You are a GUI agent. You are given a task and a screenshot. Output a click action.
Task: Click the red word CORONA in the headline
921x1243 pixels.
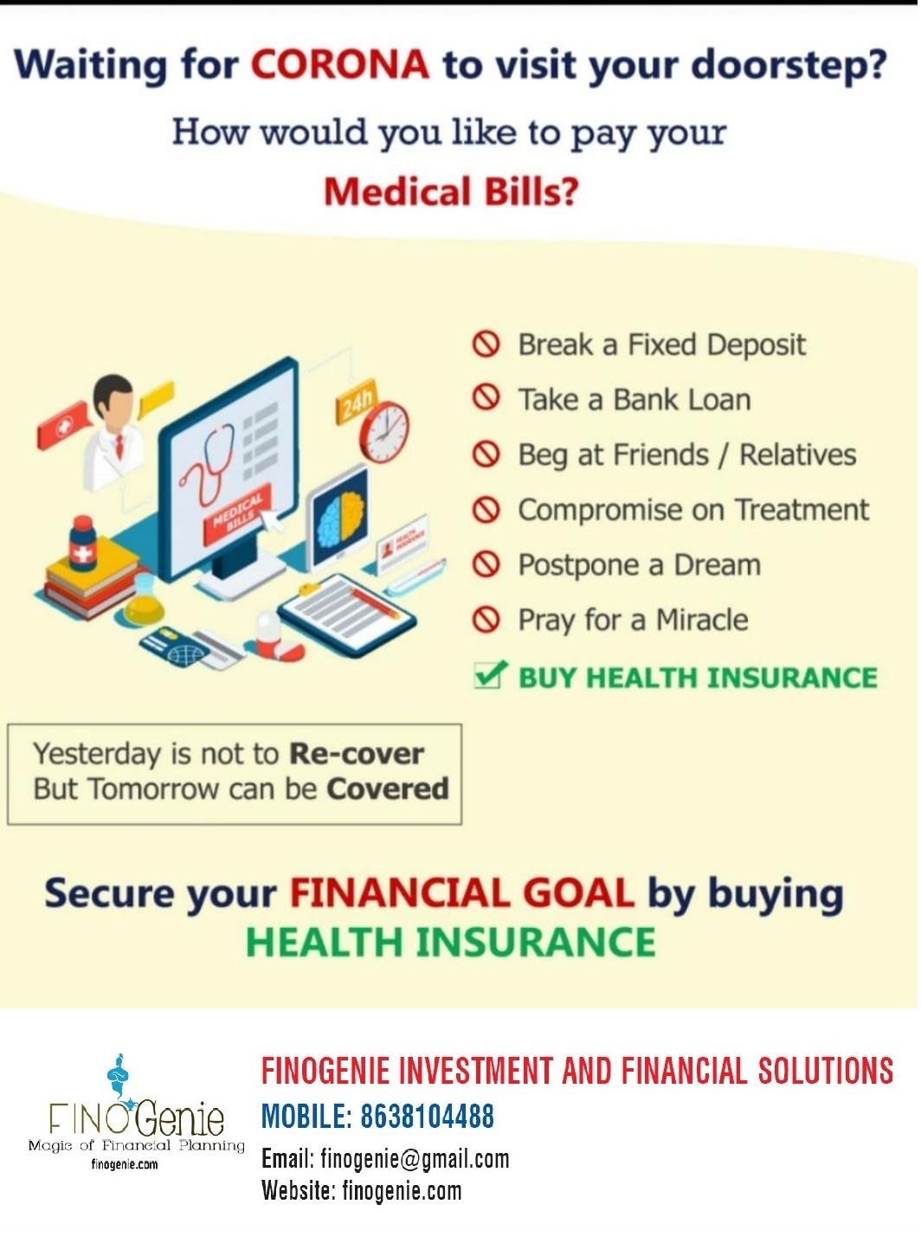[339, 65]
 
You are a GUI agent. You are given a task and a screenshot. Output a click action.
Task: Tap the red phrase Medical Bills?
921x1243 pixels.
[451, 191]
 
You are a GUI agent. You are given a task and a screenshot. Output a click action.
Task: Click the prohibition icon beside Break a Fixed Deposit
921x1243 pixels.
[486, 345]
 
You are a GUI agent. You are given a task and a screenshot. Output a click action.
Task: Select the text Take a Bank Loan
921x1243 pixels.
[634, 400]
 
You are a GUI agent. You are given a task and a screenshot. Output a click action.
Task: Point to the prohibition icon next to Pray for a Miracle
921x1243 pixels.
[486, 620]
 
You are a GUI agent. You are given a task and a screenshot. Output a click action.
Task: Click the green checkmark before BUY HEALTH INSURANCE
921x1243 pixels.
[490, 674]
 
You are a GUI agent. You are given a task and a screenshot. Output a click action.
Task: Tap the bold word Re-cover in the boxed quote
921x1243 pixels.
[357, 754]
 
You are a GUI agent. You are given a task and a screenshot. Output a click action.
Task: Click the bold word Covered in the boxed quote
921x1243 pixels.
[388, 789]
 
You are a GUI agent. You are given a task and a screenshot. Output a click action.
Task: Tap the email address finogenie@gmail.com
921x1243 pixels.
[415, 1159]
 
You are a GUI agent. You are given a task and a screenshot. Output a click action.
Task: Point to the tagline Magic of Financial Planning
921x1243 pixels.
[136, 1145]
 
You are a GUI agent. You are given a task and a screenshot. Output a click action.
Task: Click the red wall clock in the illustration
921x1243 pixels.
[384, 432]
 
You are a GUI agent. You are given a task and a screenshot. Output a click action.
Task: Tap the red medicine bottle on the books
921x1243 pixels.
[82, 544]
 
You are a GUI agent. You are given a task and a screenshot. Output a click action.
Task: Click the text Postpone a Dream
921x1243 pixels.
[640, 565]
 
